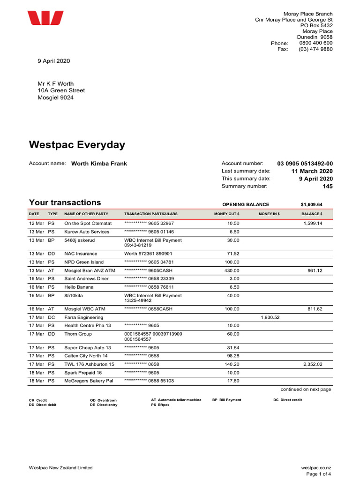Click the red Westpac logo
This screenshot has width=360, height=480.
[x=45, y=18]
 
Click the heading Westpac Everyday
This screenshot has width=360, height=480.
[x=77, y=144]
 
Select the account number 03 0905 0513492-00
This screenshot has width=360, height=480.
[x=305, y=164]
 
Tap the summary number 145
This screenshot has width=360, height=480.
[x=327, y=186]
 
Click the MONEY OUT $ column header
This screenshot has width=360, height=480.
[x=227, y=214]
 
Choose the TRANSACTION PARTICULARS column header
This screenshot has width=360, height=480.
[x=151, y=214]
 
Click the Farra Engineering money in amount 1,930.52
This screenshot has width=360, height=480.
[x=270, y=317]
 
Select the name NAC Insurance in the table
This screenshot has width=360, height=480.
[x=81, y=254]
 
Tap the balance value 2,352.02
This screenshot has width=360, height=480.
[x=313, y=364]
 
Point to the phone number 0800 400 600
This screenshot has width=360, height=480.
[x=315, y=43]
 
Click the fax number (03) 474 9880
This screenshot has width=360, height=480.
[x=315, y=49]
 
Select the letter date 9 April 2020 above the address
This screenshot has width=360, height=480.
[x=54, y=61]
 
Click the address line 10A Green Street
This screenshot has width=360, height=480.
[x=61, y=90]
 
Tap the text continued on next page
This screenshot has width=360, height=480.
[x=306, y=389]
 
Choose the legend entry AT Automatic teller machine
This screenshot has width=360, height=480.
[x=176, y=400]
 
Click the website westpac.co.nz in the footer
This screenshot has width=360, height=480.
[x=316, y=468]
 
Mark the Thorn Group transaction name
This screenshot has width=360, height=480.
[x=78, y=334]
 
